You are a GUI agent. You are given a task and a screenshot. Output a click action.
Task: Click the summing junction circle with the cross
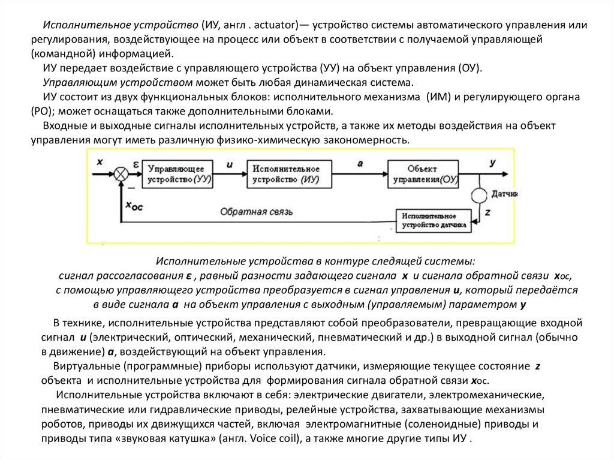122,173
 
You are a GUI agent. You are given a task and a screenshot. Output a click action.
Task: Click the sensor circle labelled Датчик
480,195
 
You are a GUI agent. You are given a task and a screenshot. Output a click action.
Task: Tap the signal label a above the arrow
359,163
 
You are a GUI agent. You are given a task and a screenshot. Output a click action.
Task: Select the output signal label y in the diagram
492,162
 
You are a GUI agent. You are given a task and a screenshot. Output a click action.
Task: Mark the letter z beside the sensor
487,212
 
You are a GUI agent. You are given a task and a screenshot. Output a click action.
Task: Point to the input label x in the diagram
99,161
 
